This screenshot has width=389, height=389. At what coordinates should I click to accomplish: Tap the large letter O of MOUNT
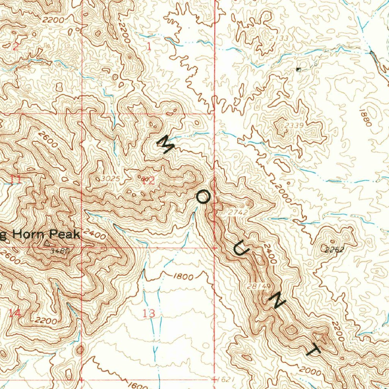point(203,197)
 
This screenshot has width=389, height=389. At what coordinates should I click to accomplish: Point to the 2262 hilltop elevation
point(335,250)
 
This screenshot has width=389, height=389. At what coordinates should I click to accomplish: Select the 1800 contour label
point(183,277)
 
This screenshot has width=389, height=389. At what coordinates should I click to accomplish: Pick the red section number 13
point(149,313)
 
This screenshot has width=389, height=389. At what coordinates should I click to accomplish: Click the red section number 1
point(149,47)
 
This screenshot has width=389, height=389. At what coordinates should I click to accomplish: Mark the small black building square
point(299,69)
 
